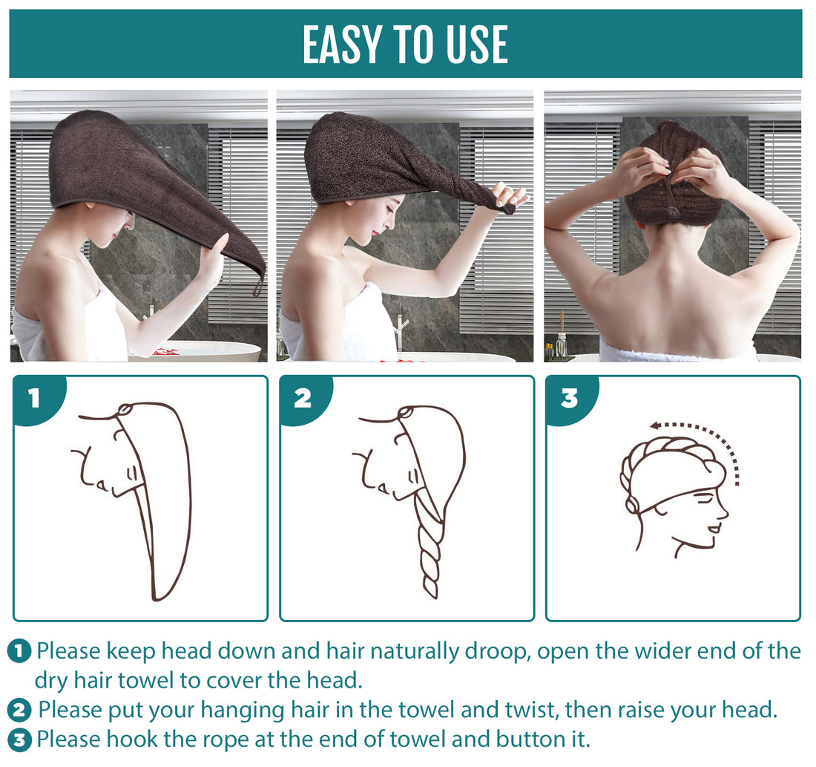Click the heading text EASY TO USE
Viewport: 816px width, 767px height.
[x=405, y=45]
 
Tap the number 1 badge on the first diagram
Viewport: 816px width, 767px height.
[x=34, y=399]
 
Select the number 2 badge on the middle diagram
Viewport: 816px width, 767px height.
[x=302, y=399]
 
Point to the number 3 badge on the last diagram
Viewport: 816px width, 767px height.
[x=568, y=399]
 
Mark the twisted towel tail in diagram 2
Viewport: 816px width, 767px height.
[x=430, y=549]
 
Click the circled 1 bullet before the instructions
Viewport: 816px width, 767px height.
[x=19, y=652]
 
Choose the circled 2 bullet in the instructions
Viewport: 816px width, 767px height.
[x=19, y=711]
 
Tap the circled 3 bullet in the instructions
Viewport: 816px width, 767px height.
[x=19, y=740]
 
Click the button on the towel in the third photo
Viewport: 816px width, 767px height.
[x=674, y=212]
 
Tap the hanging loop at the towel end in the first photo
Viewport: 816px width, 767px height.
[x=257, y=286]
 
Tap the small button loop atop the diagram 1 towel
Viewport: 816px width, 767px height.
[x=124, y=408]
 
